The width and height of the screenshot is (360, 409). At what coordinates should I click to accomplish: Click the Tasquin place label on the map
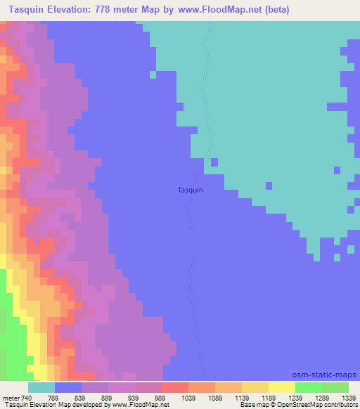(191, 190)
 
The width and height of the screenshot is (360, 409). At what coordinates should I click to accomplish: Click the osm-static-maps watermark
(326, 375)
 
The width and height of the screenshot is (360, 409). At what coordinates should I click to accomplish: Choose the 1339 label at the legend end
(349, 398)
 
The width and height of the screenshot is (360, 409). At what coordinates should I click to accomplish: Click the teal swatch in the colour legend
(41, 387)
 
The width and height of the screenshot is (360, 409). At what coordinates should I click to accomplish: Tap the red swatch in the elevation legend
(175, 387)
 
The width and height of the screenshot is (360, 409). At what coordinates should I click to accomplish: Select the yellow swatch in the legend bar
(282, 387)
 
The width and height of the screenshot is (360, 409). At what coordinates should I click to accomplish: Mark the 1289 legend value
(322, 398)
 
